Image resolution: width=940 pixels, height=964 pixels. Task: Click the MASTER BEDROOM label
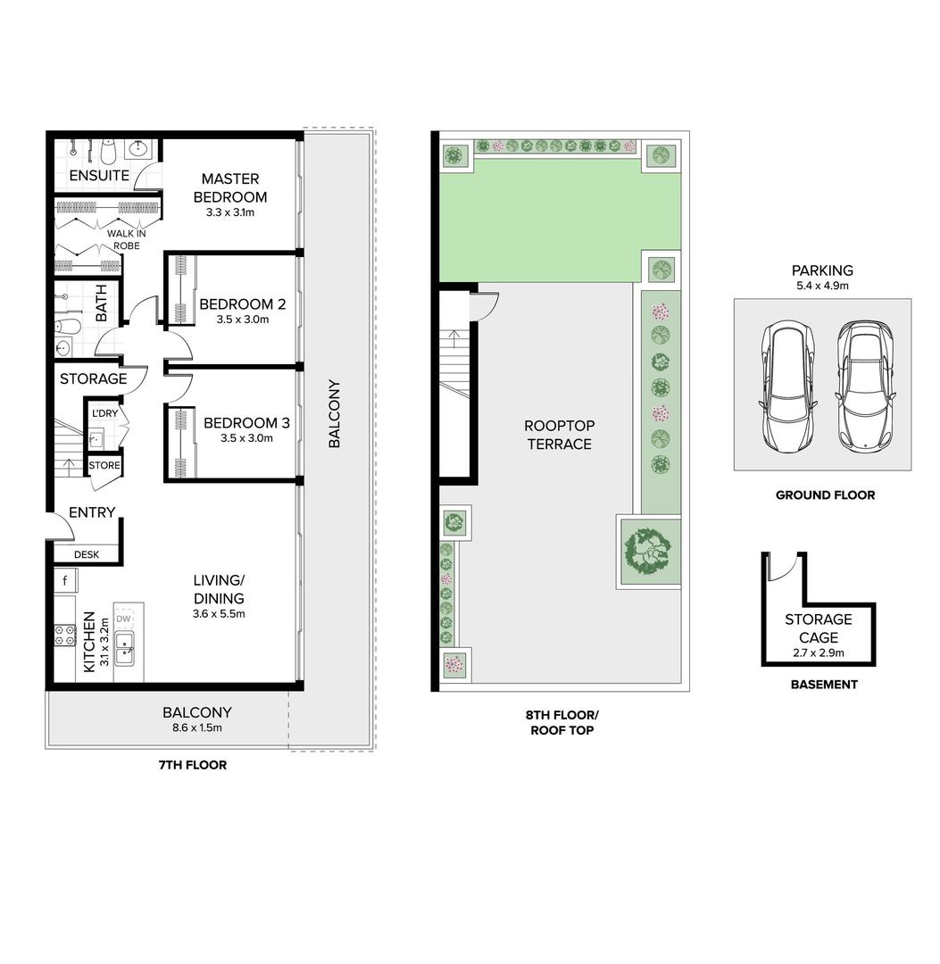click(230, 187)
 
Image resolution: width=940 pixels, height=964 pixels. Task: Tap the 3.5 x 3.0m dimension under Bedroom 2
click(242, 320)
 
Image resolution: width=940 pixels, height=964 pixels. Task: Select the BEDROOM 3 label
click(246, 423)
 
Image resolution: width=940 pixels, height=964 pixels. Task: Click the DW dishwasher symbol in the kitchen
click(123, 619)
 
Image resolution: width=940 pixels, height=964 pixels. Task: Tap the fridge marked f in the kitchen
click(65, 580)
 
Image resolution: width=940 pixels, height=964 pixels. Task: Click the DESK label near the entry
click(87, 554)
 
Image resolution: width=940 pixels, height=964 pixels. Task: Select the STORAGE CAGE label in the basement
click(819, 628)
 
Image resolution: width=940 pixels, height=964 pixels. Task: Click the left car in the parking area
click(789, 386)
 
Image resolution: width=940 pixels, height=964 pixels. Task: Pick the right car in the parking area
click(866, 385)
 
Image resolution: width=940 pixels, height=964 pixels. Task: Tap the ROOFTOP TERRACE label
click(560, 435)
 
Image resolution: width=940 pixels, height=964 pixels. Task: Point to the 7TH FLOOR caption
click(193, 765)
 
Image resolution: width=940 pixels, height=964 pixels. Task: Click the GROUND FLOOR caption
click(825, 494)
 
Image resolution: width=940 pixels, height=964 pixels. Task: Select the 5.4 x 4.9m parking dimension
click(822, 286)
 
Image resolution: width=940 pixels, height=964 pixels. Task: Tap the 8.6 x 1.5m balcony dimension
click(197, 728)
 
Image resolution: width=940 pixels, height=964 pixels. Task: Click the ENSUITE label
click(99, 175)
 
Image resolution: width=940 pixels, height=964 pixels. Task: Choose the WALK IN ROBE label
click(127, 239)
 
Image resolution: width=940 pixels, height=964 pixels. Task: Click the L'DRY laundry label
click(104, 413)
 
